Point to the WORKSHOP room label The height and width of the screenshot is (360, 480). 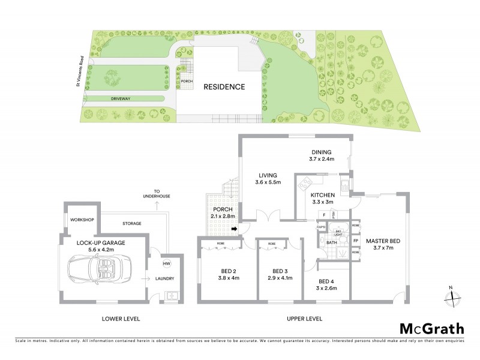[x=82, y=220]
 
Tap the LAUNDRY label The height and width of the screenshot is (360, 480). [x=164, y=279]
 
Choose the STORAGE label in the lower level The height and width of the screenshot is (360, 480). [x=133, y=223]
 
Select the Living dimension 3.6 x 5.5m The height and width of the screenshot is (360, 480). [x=268, y=182]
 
